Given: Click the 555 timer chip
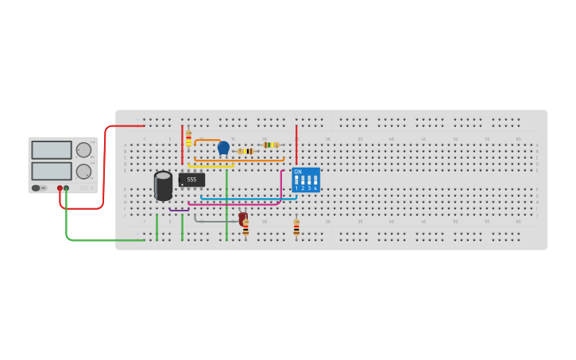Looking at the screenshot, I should tap(191, 180).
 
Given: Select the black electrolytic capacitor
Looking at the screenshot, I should tap(163, 185).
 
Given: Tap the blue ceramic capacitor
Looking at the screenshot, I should tap(223, 147).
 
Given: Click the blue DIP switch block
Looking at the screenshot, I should tap(306, 180).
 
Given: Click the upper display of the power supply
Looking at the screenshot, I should tap(52, 150).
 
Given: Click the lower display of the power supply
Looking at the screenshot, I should tap(52, 171).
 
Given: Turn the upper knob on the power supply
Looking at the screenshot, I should tap(83, 149).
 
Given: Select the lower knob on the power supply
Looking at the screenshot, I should tap(83, 171).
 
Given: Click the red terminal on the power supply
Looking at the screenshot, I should tap(60, 188).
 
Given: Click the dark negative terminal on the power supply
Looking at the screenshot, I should tap(67, 188).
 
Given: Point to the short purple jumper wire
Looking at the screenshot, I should tap(179, 210).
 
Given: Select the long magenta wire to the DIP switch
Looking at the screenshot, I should tap(238, 204).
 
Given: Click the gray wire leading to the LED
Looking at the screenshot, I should tap(215, 221).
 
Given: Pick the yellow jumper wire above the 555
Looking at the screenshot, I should tap(211, 166).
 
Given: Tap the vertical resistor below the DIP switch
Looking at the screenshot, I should tap(296, 228).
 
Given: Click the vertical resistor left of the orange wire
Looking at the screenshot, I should tap(188, 138).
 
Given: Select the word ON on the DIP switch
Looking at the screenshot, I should tap(298, 172).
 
